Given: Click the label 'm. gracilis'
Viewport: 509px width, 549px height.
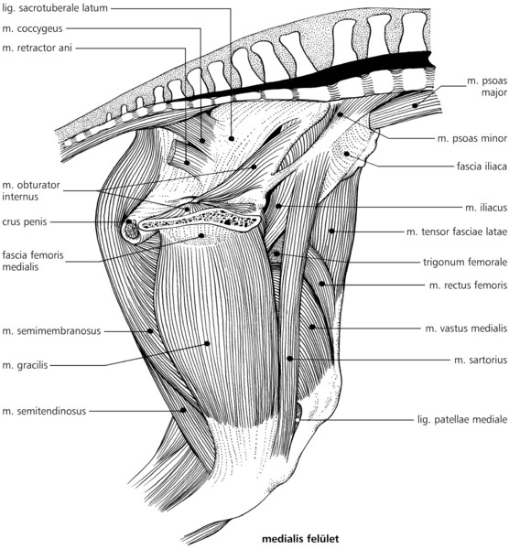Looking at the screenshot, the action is coord(25,365).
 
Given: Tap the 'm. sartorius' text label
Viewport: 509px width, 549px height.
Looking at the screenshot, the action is coord(481,360).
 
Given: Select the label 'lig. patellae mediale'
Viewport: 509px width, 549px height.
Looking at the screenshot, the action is coord(462,419).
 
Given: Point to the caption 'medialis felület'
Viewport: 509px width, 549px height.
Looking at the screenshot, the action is coord(300,539).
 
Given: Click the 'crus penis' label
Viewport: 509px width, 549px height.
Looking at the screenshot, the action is coord(25,222).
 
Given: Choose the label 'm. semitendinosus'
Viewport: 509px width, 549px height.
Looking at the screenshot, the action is coord(44,411).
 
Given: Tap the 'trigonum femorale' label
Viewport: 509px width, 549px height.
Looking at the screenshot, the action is coord(465,263).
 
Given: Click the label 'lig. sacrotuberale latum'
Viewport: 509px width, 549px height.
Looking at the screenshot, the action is coord(55,8).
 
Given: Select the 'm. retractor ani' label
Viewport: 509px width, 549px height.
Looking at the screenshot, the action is coord(38,48).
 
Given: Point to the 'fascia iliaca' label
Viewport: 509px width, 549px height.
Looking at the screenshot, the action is coord(482,166).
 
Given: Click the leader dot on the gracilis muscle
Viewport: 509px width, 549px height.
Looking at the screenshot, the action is coord(207,343).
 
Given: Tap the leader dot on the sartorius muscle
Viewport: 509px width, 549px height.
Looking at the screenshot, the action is coord(289,358).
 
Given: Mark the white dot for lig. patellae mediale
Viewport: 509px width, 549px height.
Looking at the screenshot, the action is coord(298,419).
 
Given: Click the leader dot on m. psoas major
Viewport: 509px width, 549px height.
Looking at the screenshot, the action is coord(415,105).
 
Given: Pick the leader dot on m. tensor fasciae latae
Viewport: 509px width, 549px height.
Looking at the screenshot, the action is coord(331,231).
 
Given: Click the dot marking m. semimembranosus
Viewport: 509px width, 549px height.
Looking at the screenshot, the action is coord(150,330).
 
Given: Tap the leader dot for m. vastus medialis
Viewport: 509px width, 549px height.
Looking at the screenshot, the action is coord(311,327).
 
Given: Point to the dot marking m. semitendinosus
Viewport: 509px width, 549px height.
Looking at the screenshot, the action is coord(182,410).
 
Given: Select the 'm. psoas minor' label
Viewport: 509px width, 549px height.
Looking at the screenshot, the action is coord(472,139).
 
